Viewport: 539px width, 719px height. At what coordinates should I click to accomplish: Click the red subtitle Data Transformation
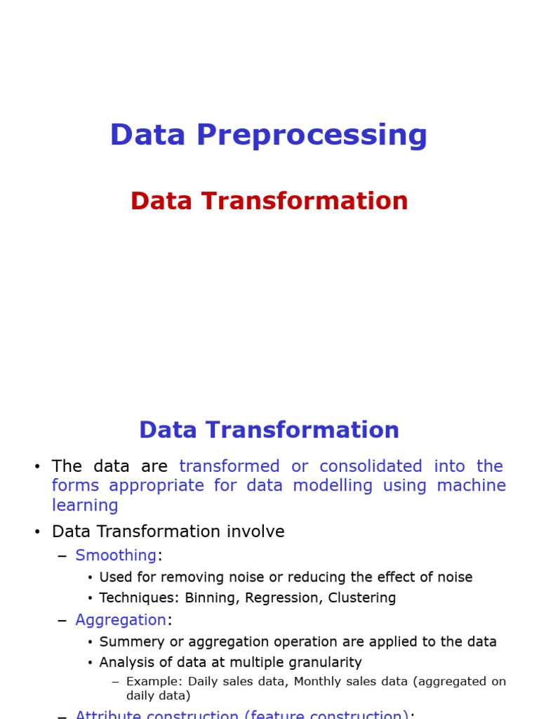pyautogui.click(x=269, y=201)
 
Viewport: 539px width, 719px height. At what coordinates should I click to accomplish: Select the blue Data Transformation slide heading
pyautogui.click(x=269, y=430)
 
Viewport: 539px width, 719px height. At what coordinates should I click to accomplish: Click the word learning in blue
pyautogui.click(x=85, y=506)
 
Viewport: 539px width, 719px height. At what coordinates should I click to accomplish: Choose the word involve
pyautogui.click(x=253, y=532)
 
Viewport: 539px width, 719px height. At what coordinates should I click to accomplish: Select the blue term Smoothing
pyautogui.click(x=116, y=555)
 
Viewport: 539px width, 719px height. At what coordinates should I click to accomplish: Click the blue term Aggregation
pyautogui.click(x=121, y=620)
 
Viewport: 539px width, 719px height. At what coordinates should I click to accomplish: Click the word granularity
pyautogui.click(x=326, y=662)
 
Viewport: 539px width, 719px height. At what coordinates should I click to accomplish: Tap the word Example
pyautogui.click(x=151, y=682)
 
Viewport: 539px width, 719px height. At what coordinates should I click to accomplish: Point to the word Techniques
pyautogui.click(x=138, y=598)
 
